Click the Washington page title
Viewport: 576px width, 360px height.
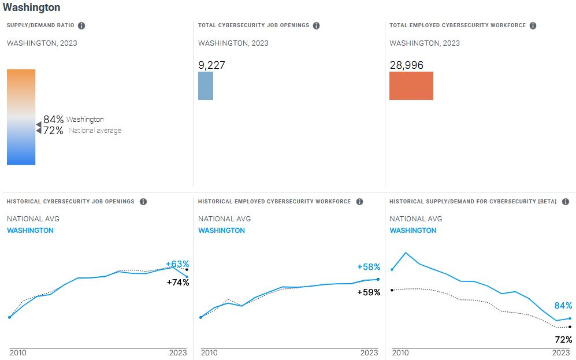(x=31, y=8)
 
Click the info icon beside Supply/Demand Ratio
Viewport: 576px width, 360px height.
(x=81, y=25)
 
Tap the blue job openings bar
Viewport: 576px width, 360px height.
(x=206, y=86)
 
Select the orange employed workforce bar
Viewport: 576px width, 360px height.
(x=411, y=86)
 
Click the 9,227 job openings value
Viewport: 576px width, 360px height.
(x=211, y=65)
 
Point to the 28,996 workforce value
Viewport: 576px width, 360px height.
(x=407, y=65)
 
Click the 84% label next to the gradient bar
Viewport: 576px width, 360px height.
(x=53, y=119)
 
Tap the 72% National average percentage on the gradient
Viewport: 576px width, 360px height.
(x=53, y=131)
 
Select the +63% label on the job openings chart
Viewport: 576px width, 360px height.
(x=177, y=264)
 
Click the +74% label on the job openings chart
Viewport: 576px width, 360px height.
(x=177, y=283)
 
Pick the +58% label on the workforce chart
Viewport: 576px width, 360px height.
(x=369, y=267)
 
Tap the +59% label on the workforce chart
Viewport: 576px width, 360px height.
(x=369, y=292)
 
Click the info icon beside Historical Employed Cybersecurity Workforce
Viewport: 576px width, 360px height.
(x=359, y=202)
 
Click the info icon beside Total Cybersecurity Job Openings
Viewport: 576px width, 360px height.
(x=317, y=25)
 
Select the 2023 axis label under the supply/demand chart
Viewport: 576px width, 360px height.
(x=561, y=352)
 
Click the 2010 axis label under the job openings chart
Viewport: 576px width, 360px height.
(x=17, y=352)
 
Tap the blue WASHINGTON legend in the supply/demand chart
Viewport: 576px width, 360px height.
(x=413, y=231)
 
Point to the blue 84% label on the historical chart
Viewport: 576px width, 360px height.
(x=563, y=306)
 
